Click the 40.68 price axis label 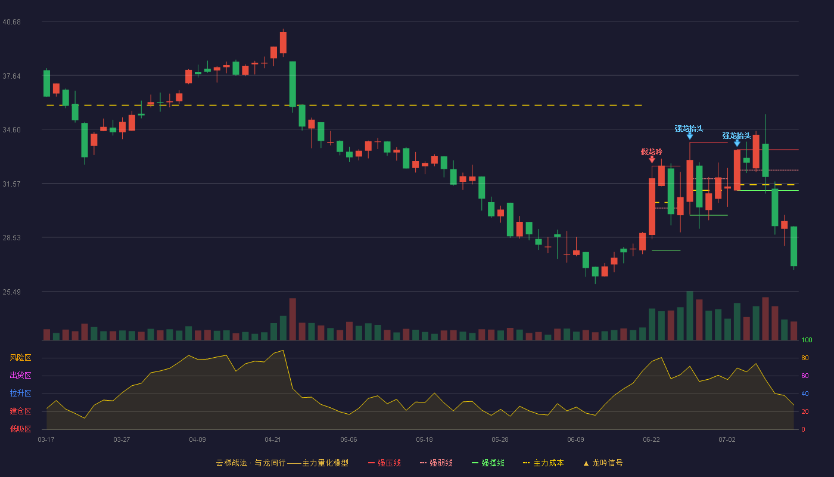click(11, 22)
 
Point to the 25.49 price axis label click(11, 292)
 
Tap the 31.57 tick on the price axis click(11, 184)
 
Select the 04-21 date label click(273, 440)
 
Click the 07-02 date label click(727, 440)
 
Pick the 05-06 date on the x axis click(348, 440)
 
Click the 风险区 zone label click(20, 358)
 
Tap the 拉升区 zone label click(20, 394)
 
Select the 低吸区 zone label click(20, 429)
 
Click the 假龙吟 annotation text click(652, 151)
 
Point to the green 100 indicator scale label click(807, 340)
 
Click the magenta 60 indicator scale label click(805, 376)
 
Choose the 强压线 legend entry click(384, 463)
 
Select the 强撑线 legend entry click(488, 463)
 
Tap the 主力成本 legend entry click(543, 463)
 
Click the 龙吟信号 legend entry click(603, 463)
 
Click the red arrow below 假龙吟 click(652, 160)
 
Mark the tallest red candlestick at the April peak click(284, 42)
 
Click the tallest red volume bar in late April click(292, 319)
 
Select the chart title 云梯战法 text click(231, 463)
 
